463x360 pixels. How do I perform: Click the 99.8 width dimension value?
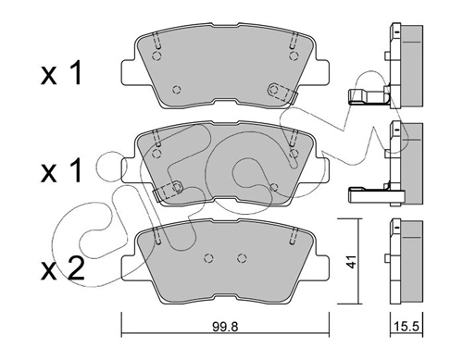pos(225,327)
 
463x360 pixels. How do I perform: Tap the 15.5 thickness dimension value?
pos(407,327)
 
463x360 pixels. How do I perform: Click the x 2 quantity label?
pos(62,269)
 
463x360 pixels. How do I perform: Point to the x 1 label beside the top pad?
pos(61,73)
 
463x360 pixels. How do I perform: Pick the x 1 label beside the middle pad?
pos(61,170)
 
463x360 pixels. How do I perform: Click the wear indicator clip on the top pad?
pos(282,93)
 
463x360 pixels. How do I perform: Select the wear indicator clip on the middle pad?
pos(168,191)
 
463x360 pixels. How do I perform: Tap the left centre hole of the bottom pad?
pos(209,257)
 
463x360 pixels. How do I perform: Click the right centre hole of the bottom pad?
pos(242,257)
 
